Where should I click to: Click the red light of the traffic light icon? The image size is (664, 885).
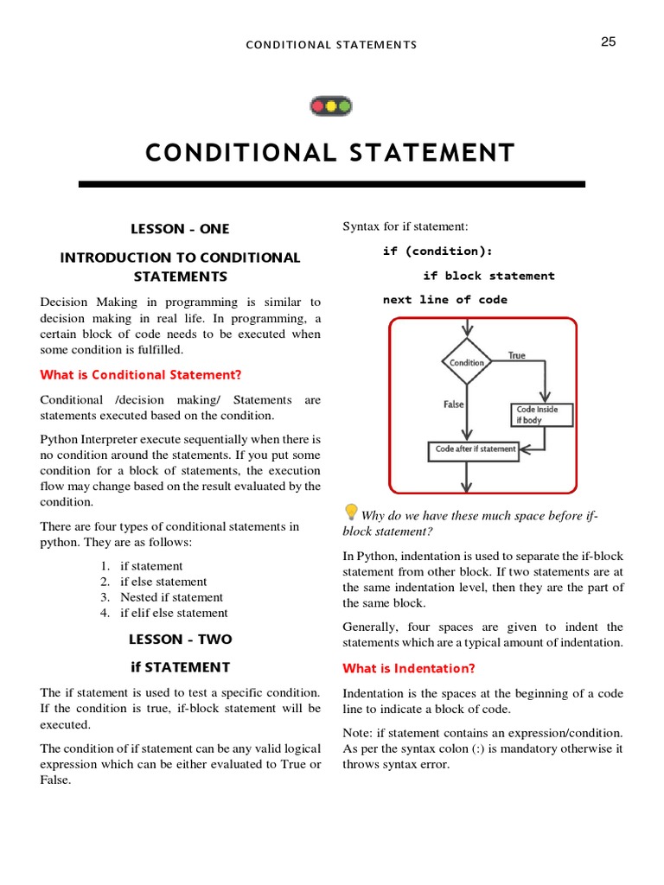tap(317, 107)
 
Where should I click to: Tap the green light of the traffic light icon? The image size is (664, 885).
tap(344, 107)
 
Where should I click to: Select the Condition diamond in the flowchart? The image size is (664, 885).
tap(467, 363)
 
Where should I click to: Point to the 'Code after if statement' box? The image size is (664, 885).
tap(475, 449)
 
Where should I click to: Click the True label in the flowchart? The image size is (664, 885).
tap(516, 355)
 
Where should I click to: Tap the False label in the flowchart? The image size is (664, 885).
tap(453, 404)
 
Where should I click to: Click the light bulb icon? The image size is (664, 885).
tap(351, 512)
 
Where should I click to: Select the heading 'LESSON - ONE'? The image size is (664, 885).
tap(180, 229)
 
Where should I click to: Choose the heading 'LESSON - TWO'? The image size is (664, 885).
tap(180, 640)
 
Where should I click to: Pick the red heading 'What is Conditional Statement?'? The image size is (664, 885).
tap(141, 374)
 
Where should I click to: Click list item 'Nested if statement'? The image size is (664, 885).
tap(171, 597)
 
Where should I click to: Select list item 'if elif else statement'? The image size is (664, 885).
tap(174, 613)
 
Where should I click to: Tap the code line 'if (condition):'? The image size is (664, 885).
tap(437, 251)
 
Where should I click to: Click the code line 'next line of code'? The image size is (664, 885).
tap(445, 300)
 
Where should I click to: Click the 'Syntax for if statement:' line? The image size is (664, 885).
tap(405, 226)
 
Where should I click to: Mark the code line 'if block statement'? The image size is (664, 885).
tap(488, 276)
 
